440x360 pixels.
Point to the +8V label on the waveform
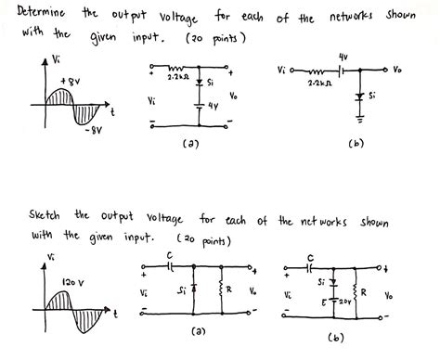click(x=70, y=82)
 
